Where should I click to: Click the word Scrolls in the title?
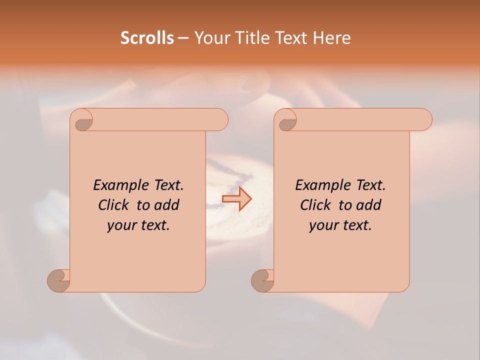tap(147, 38)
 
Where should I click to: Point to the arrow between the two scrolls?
tap(237, 198)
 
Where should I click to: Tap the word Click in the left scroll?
tap(115, 205)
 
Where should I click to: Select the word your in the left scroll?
tap(121, 225)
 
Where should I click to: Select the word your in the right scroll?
tap(323, 225)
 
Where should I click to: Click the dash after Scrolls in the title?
tap(183, 38)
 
